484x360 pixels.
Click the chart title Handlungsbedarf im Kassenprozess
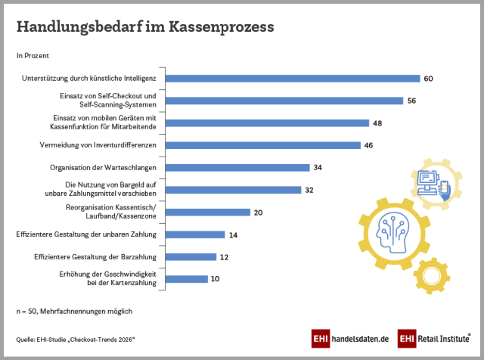coord(145,28)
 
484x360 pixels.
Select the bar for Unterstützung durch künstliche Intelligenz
coord(292,78)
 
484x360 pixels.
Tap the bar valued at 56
coord(284,101)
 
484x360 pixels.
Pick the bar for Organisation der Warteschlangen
coord(237,167)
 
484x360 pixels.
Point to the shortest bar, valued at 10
coord(186,279)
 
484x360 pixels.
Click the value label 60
coord(428,79)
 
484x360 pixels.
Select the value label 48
coord(377,123)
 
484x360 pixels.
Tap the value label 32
coord(309,190)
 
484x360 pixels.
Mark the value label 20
coord(258,213)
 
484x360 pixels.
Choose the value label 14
coord(233,235)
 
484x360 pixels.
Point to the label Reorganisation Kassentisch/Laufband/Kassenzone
coord(119,213)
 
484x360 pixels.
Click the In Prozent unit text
coord(33,56)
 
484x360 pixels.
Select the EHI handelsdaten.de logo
coord(349,339)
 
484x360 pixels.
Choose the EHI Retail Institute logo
coord(434,339)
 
